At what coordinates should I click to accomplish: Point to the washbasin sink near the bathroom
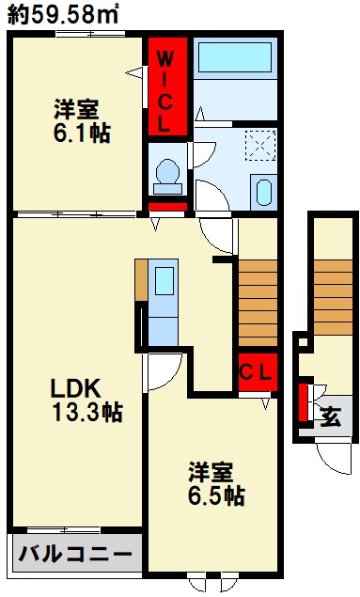(262, 189)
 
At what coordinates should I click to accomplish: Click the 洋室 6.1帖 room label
(80, 120)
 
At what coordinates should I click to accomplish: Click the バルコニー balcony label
(75, 554)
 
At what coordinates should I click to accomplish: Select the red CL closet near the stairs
(255, 371)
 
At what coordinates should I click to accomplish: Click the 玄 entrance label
(332, 414)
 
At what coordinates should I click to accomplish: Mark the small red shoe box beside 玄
(304, 402)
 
